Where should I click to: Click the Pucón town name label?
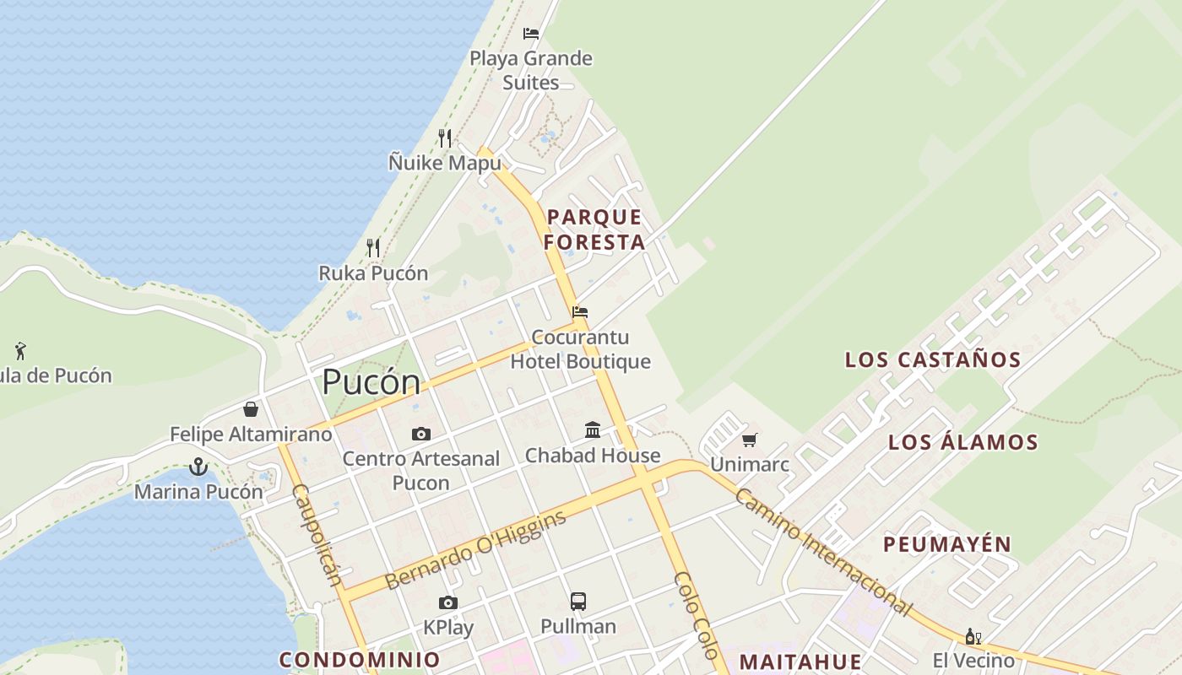pos(371,382)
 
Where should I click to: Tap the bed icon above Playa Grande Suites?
pos(530,34)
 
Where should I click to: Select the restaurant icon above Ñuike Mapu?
pos(445,138)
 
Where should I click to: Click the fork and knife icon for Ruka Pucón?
pos(372,247)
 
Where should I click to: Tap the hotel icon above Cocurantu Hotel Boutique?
pos(579,312)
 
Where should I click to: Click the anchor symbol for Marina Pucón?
pos(198,467)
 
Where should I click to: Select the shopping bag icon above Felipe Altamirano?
pos(251,409)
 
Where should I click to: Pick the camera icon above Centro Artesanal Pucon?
pos(420,434)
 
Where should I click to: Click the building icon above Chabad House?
pos(593,430)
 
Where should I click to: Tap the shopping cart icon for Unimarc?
pos(749,440)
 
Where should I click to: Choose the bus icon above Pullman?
pos(578,602)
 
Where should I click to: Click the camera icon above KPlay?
pos(448,602)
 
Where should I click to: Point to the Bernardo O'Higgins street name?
pos(474,550)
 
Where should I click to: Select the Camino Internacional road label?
pos(823,551)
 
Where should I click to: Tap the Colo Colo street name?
pos(696,615)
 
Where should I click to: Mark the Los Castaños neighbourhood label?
pos(933,359)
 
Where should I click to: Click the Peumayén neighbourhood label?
pos(947,544)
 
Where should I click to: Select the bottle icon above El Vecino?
pos(973,636)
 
